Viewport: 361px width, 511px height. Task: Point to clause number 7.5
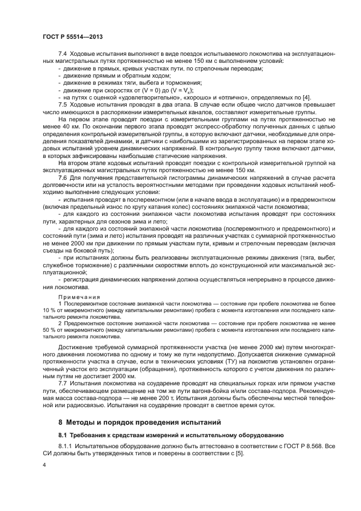click(62, 104)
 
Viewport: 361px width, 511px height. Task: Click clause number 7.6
click(62, 179)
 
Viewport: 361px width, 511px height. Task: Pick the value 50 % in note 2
click(48, 330)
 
